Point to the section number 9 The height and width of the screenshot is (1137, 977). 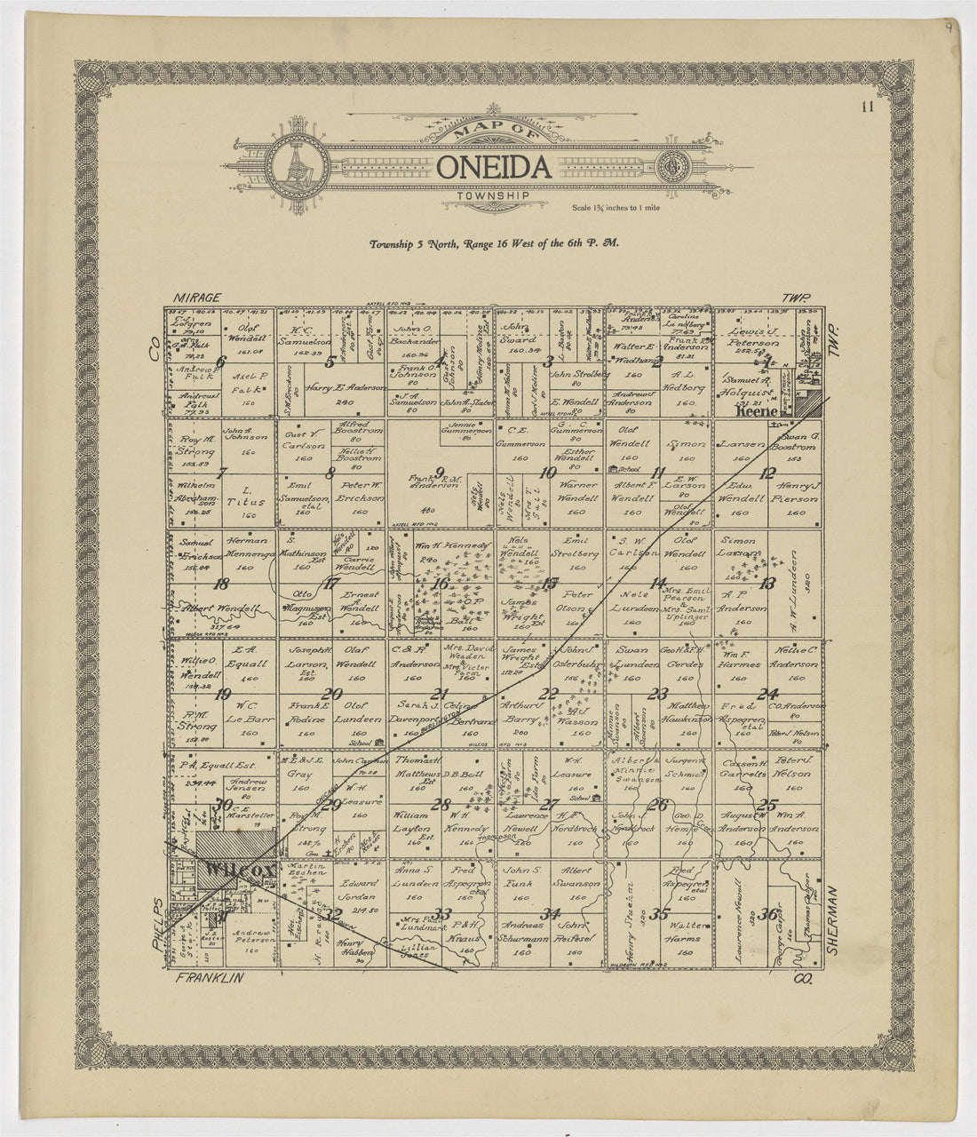[440, 472]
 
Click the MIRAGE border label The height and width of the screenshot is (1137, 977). [196, 298]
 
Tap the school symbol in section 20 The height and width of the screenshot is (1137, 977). [379, 740]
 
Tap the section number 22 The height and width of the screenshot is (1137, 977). [551, 694]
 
